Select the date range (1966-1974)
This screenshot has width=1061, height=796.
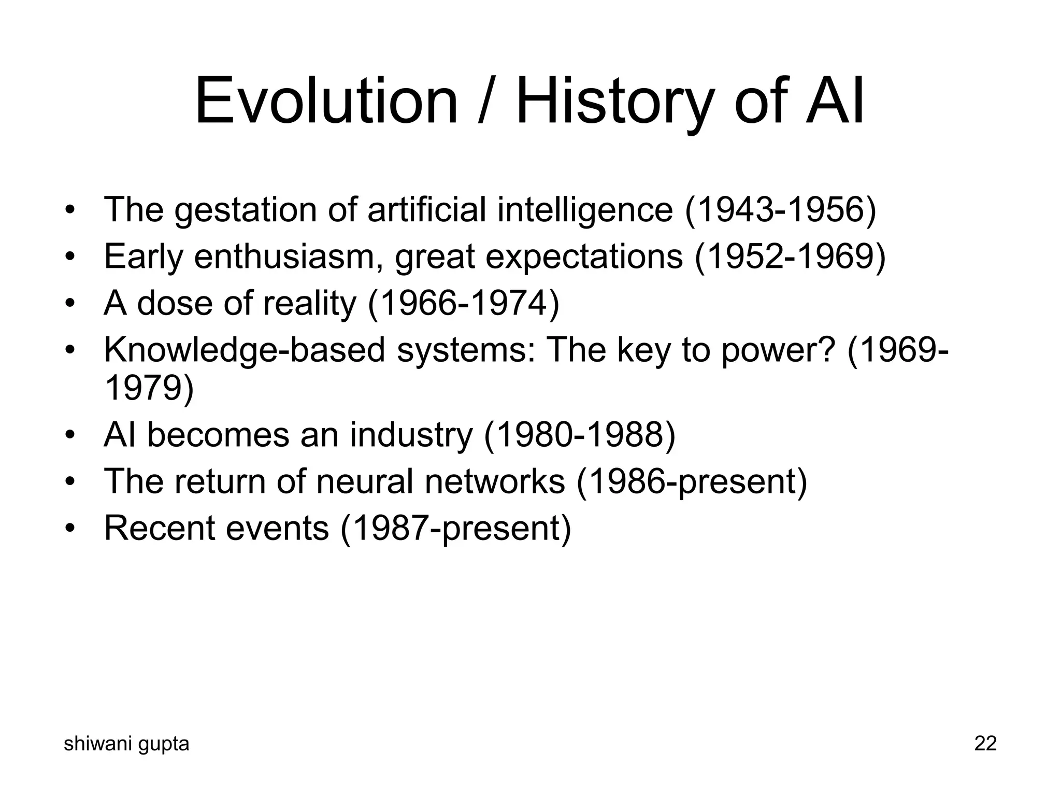tap(464, 303)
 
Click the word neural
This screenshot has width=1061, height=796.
tap(364, 481)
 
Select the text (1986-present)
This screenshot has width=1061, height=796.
tap(692, 481)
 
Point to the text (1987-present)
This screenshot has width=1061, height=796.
tap(455, 528)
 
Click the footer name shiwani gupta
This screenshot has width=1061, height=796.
tap(126, 744)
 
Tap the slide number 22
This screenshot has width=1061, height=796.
tap(985, 744)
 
